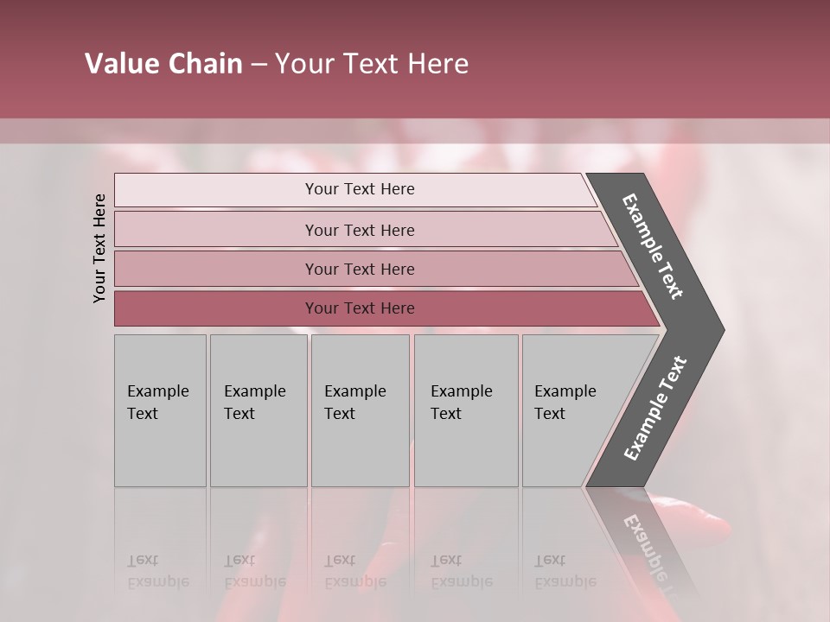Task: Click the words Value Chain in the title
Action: pyautogui.click(x=163, y=64)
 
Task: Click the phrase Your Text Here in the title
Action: pyautogui.click(x=372, y=64)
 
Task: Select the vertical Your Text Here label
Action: pyautogui.click(x=99, y=248)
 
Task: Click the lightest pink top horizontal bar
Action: pyautogui.click(x=359, y=189)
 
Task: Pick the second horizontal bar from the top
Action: pyautogui.click(x=359, y=230)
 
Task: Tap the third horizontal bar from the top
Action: pyautogui.click(x=359, y=269)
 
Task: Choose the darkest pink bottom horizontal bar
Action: pyautogui.click(x=359, y=308)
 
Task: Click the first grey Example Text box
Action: pyautogui.click(x=160, y=410)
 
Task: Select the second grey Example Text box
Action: pyautogui.click(x=258, y=410)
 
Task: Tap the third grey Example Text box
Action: pyautogui.click(x=360, y=410)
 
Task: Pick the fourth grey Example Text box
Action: pyautogui.click(x=465, y=410)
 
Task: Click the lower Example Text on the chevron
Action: pyautogui.click(x=655, y=408)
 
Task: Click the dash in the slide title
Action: pyautogui.click(x=259, y=65)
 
